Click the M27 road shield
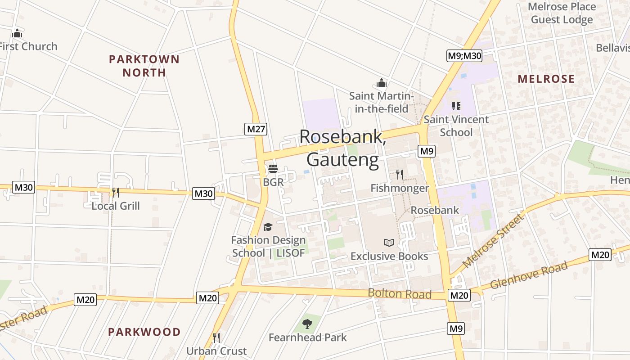256,129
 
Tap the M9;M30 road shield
464,56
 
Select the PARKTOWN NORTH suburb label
144,66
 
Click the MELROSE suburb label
546,79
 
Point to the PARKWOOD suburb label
144,332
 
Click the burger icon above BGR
273,169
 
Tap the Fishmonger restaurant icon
399,175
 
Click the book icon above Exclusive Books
389,243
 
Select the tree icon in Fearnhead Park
307,324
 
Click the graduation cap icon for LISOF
268,227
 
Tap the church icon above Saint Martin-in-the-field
382,83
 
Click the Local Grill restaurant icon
116,193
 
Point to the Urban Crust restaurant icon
216,337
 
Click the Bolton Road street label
399,293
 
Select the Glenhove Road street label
529,275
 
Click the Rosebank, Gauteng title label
342,148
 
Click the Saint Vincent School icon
456,106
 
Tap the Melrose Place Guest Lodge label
562,13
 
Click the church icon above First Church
17,33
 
